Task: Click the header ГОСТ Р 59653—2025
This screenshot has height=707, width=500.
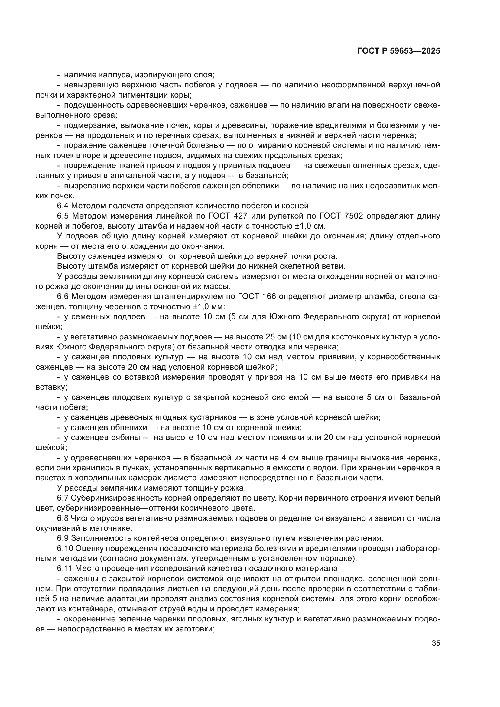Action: [x=399, y=51]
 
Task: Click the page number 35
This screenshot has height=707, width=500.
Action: [x=436, y=643]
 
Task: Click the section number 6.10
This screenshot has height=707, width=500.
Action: [x=65, y=548]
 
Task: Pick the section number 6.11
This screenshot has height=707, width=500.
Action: [x=65, y=569]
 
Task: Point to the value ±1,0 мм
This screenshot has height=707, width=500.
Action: [x=212, y=307]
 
